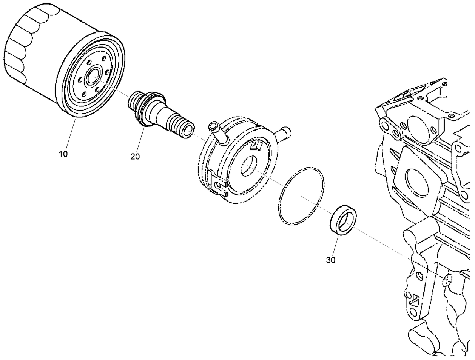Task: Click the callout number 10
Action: pyautogui.click(x=63, y=154)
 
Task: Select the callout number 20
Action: pyautogui.click(x=135, y=156)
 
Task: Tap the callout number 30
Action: pyautogui.click(x=330, y=260)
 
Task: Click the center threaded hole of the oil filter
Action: pyautogui.click(x=92, y=77)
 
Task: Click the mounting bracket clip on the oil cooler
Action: pyautogui.click(x=218, y=184)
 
